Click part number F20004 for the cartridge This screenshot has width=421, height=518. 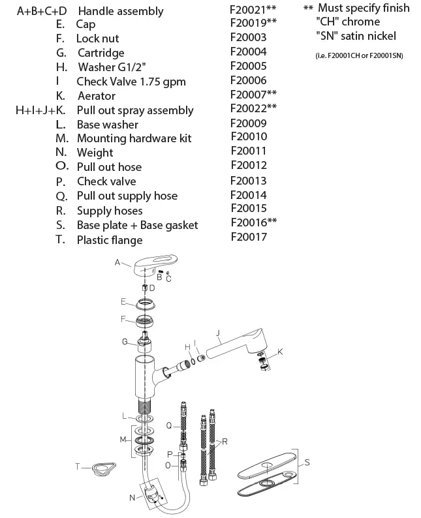pos(249,52)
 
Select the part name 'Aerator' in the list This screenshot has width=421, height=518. pos(96,96)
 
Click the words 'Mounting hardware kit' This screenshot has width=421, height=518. pos(134,138)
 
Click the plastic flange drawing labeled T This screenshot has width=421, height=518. pos(101,468)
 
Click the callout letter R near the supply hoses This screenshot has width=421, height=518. pos(225,442)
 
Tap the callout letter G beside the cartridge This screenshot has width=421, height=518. pos(124,341)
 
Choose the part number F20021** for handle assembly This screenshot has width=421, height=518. pos(253,10)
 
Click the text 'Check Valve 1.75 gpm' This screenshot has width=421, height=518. pos(131,82)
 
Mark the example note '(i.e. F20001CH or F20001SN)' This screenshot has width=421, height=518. pos(358,55)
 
